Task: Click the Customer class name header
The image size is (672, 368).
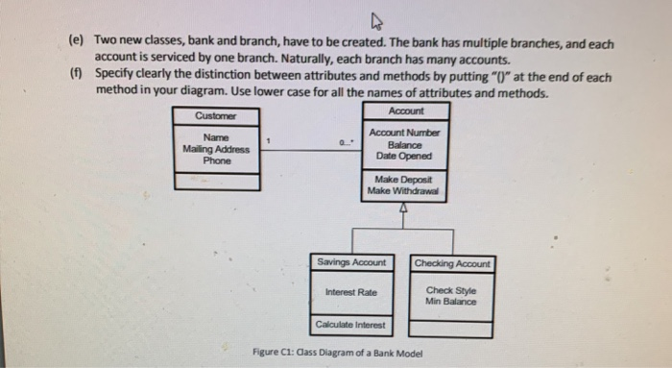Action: point(215,116)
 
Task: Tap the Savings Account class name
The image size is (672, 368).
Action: point(352,262)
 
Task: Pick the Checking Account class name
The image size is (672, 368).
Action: point(452,263)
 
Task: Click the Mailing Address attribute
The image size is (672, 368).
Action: point(216,149)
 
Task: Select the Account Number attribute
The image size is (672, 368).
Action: point(404,132)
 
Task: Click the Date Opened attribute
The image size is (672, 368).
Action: point(404,155)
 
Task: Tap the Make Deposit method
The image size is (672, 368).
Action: point(404,180)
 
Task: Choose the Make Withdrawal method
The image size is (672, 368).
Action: point(404,190)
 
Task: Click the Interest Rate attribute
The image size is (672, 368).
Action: point(351,292)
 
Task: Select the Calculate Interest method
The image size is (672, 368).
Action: point(351,325)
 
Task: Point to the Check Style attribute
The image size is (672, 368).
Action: point(451,291)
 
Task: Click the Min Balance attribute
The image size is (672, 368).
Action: point(451,302)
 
